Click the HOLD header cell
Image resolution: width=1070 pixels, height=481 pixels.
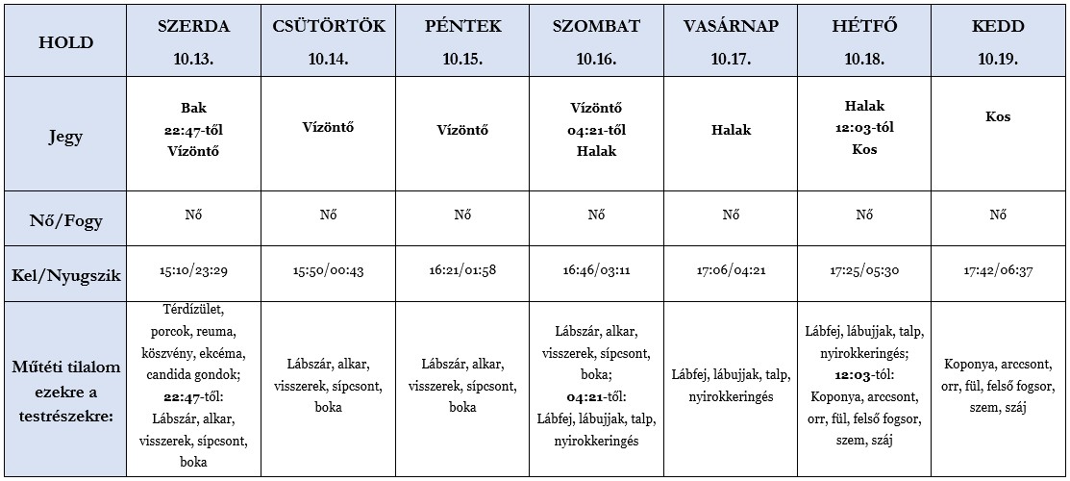point(64,42)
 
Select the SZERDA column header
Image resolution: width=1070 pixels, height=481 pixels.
point(193,27)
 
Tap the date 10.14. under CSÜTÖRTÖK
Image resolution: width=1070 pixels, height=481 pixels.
point(328,59)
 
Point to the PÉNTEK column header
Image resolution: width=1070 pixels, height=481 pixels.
point(462,27)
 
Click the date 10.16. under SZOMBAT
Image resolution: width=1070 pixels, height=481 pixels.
point(596,59)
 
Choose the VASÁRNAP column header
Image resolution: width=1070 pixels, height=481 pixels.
point(731,27)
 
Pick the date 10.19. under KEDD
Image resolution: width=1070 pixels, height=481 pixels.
point(998,59)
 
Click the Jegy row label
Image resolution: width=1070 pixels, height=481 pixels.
point(64,136)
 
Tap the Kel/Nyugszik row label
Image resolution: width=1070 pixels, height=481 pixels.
point(64,276)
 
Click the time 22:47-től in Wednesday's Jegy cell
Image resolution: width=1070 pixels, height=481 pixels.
point(193,128)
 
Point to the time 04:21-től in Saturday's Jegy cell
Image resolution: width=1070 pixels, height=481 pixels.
point(596,128)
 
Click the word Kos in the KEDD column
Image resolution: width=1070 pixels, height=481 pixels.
point(998,117)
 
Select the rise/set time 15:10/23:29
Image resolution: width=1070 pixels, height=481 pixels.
point(193,272)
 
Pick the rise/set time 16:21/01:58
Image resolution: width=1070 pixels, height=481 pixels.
point(462,272)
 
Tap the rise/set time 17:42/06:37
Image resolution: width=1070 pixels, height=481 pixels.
point(998,272)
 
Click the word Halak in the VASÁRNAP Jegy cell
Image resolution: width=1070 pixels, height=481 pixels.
point(731,130)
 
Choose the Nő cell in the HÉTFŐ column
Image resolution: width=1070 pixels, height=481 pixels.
point(864,215)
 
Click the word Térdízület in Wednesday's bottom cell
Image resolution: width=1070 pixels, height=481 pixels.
point(193,310)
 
